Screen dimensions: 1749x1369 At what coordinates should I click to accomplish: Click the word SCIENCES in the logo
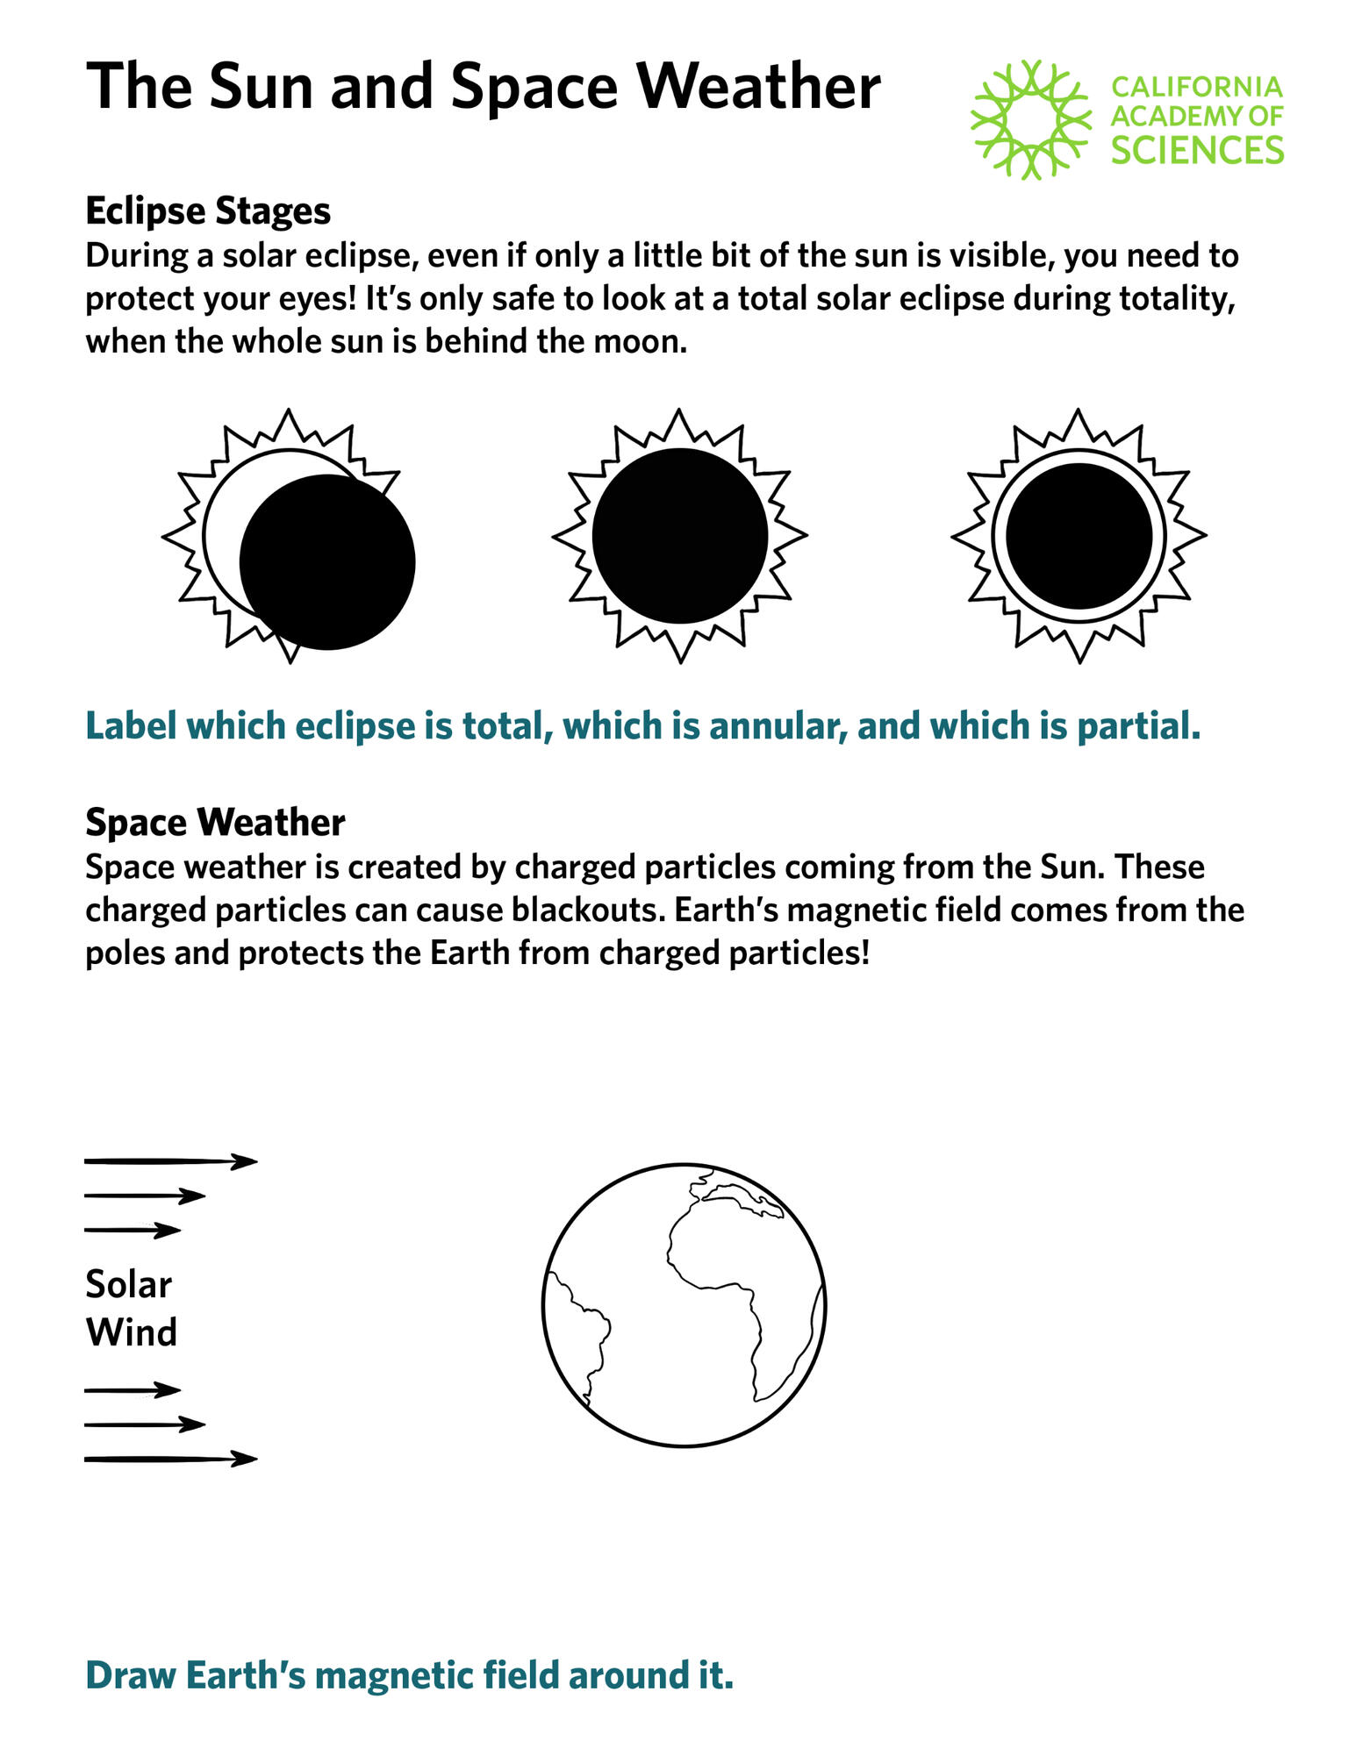pyautogui.click(x=1197, y=150)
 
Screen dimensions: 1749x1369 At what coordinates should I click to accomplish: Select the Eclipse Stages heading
pyautogui.click(x=208, y=211)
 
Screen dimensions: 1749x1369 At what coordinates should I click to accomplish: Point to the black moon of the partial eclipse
pyautogui.click(x=327, y=562)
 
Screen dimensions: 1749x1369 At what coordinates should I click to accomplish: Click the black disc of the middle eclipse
pyautogui.click(x=680, y=536)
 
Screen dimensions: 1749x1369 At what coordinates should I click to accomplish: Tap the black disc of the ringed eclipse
pyautogui.click(x=1079, y=535)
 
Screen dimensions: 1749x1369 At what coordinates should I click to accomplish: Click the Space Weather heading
pyautogui.click(x=215, y=823)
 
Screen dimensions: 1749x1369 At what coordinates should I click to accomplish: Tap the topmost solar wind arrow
pyautogui.click(x=171, y=1162)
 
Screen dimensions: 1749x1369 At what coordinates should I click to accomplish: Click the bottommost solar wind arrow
pyautogui.click(x=171, y=1460)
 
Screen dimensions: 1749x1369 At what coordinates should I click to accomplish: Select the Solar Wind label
pyautogui.click(x=131, y=1309)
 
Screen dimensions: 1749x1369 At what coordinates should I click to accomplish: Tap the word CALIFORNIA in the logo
pyautogui.click(x=1197, y=87)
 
